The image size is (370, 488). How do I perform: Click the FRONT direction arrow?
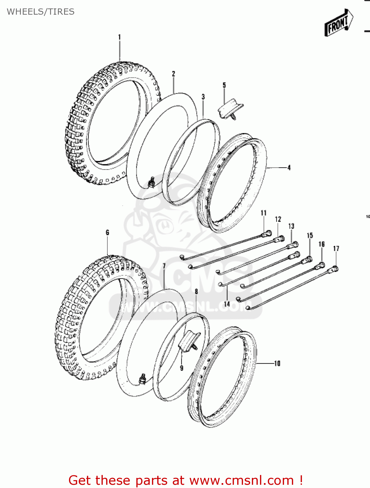click(x=339, y=23)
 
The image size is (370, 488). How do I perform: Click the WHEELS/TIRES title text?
click(x=41, y=12)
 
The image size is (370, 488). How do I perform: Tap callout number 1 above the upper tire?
click(x=119, y=37)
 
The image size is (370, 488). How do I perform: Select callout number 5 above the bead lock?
click(x=224, y=85)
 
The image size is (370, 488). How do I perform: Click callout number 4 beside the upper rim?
click(x=289, y=168)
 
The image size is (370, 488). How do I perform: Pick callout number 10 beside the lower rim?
click(x=277, y=363)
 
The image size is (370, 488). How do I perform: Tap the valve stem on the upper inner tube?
click(x=151, y=183)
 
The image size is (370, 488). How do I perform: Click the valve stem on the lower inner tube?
click(x=142, y=379)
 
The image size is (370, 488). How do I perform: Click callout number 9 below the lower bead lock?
click(x=182, y=368)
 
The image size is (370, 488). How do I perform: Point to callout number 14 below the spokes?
click(x=227, y=304)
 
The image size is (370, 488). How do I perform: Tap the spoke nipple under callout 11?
click(x=267, y=233)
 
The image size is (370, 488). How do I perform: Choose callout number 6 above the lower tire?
click(x=107, y=233)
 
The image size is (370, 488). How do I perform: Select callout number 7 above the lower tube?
click(x=164, y=266)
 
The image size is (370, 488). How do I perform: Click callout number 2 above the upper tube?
click(x=173, y=74)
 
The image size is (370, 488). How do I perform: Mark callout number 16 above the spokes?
click(x=322, y=244)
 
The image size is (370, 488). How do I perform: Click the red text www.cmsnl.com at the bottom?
click(x=241, y=480)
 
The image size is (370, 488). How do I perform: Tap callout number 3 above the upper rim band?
click(x=203, y=97)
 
